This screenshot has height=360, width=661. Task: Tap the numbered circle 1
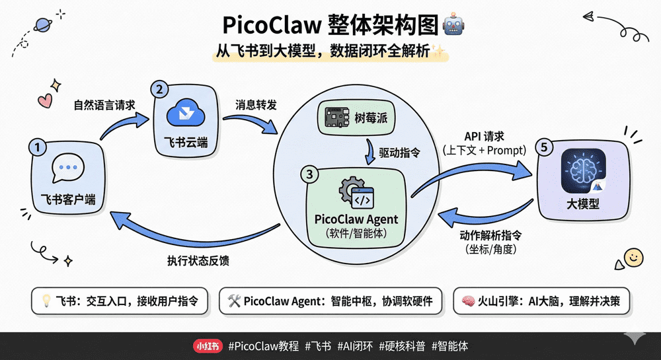tap(38, 148)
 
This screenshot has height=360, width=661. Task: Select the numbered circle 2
tap(159, 89)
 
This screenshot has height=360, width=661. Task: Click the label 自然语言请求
tap(104, 104)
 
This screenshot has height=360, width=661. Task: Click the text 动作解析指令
tap(490, 235)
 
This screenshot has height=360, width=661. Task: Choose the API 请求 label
tap(484, 137)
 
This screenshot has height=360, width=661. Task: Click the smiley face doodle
tap(633, 256)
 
